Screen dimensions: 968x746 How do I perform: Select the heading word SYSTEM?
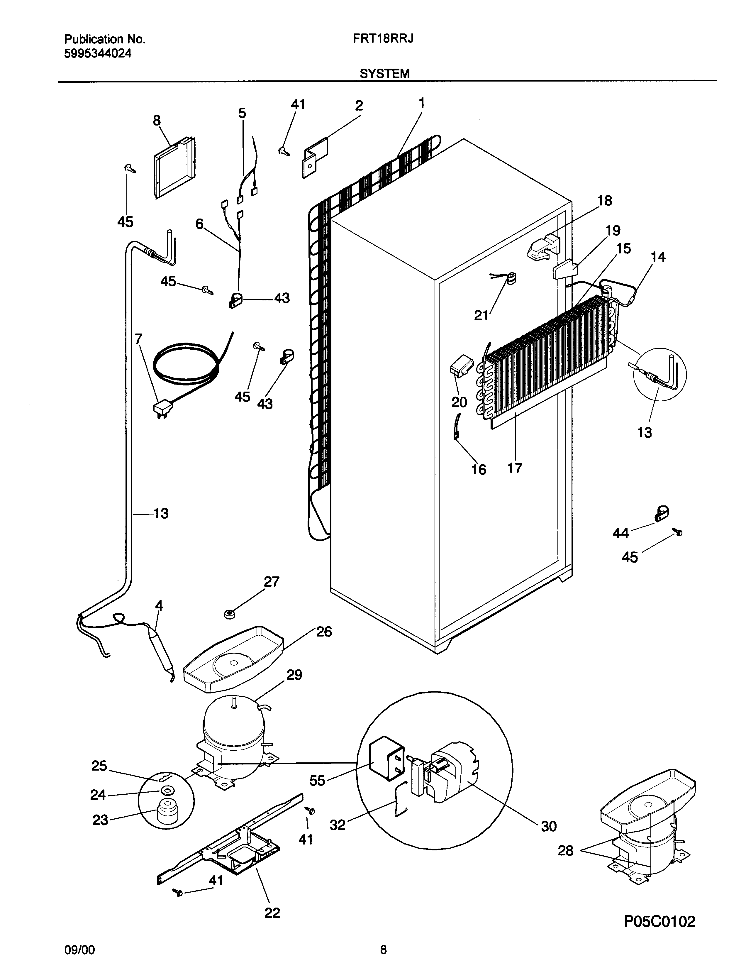[x=384, y=74]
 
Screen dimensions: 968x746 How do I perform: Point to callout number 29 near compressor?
[x=294, y=675]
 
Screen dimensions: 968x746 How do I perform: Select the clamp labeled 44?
[x=661, y=514]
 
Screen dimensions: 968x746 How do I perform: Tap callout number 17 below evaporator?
[x=515, y=468]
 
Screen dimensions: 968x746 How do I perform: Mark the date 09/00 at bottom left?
[x=79, y=948]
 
